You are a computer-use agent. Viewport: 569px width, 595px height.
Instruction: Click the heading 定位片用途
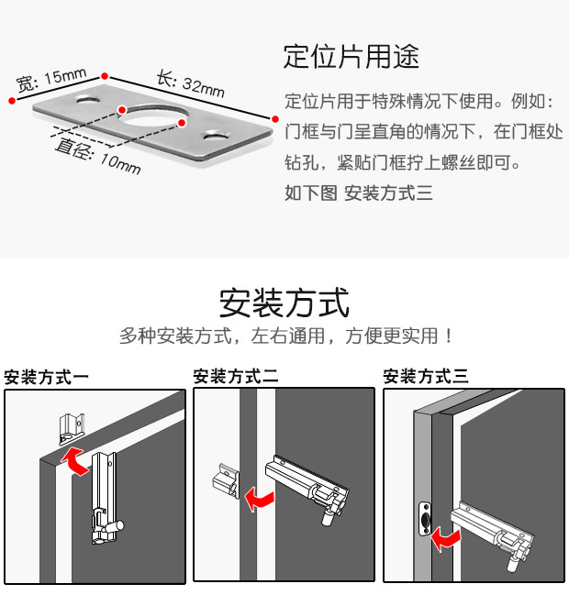point(351,57)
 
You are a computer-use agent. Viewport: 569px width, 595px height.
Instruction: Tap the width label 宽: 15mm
point(51,80)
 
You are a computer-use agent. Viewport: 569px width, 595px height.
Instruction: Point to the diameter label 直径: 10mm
point(97,156)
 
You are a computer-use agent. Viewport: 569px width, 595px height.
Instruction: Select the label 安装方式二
point(235,376)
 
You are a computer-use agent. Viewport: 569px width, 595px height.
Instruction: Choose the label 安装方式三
point(426,376)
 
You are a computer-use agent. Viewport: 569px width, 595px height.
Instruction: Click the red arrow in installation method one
point(73,458)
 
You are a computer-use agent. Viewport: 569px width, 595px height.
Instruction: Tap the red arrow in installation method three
point(446,536)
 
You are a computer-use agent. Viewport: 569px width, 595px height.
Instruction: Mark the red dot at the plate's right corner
point(273,118)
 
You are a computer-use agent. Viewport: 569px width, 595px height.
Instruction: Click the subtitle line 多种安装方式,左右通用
point(285,336)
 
